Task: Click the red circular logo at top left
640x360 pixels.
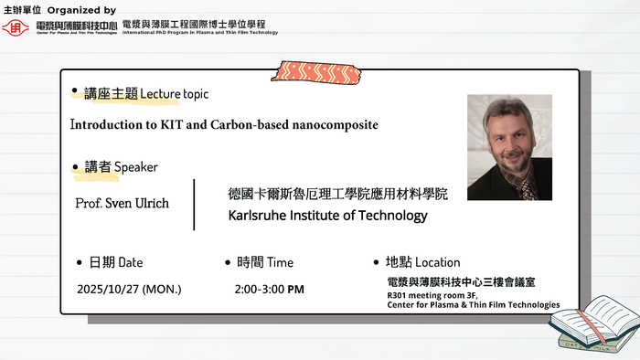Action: (x=16, y=27)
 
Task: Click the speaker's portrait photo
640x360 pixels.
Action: (x=509, y=147)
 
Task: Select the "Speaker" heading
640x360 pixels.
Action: (x=136, y=167)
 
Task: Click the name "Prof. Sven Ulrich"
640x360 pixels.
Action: (x=122, y=203)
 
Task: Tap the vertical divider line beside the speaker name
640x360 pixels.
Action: (x=195, y=205)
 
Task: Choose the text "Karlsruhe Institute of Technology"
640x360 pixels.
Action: (x=327, y=216)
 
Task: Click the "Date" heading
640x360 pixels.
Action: (x=131, y=262)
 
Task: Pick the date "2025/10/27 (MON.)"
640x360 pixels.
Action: (x=129, y=290)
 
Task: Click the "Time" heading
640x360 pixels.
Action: (x=280, y=262)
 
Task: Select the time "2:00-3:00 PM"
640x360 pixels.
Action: (x=269, y=290)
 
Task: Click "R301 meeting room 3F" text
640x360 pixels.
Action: (x=435, y=295)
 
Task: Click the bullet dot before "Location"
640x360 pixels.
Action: (x=376, y=262)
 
